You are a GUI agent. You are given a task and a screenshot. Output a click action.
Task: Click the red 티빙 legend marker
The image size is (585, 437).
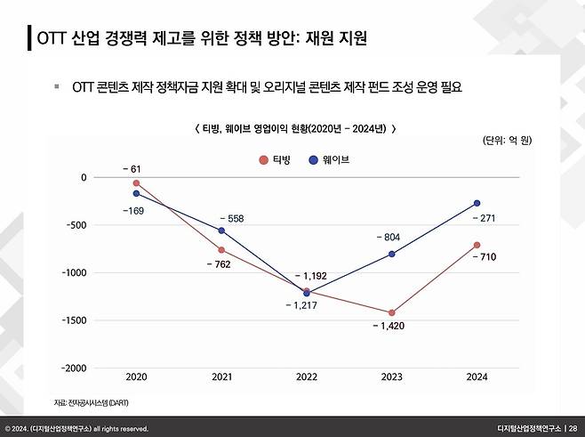coord(263,160)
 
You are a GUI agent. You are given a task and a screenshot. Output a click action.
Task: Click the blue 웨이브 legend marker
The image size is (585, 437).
coord(314,160)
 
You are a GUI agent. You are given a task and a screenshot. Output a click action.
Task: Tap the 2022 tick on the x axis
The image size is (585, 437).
coord(307,378)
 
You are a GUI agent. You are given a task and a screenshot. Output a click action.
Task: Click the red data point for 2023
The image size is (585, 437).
coord(391,312)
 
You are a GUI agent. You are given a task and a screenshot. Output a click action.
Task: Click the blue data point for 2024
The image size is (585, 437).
coord(477,203)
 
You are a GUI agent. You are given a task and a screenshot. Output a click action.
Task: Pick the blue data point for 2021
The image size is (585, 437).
coord(221,231)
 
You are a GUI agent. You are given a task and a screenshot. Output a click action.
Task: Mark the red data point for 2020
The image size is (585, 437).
coord(136,183)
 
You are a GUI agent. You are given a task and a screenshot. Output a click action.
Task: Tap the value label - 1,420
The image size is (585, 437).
coord(391,327)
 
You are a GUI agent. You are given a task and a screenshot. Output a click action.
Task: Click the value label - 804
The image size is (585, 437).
coord(390,238)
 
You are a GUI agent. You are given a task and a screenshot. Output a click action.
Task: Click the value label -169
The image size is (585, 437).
coord(132,210)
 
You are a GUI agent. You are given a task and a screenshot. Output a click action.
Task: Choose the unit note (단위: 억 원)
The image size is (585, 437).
coord(506,141)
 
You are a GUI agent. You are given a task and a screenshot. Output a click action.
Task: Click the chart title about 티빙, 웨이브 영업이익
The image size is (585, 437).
coord(294,128)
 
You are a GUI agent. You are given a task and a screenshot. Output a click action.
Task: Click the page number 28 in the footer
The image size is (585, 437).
coord(572,428)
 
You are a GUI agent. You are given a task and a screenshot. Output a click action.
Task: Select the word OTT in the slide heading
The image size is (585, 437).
coord(51,39)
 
